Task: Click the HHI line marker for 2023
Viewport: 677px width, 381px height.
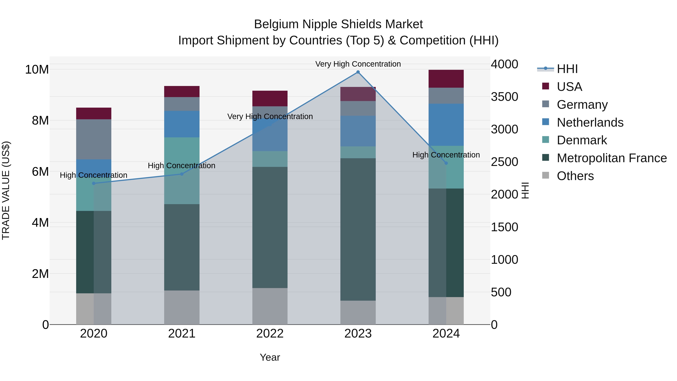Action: coord(358,72)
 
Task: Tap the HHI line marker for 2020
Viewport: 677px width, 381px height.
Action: coord(94,183)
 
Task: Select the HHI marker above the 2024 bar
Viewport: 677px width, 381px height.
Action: coord(446,163)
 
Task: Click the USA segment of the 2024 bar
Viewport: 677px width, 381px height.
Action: coord(446,79)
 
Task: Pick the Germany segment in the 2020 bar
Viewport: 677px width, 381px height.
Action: coord(94,139)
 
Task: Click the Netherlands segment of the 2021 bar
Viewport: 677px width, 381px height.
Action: coord(182,124)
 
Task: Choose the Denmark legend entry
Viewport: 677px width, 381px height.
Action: coord(582,140)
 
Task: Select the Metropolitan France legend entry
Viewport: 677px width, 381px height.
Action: coord(612,158)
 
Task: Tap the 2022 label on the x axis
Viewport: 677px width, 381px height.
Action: coord(270,334)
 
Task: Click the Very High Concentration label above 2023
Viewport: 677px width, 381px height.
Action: coord(358,64)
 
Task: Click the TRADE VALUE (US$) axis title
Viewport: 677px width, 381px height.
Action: coord(6,190)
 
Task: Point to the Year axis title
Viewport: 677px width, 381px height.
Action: coord(270,357)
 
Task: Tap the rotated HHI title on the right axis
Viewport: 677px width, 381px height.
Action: coord(525,190)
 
